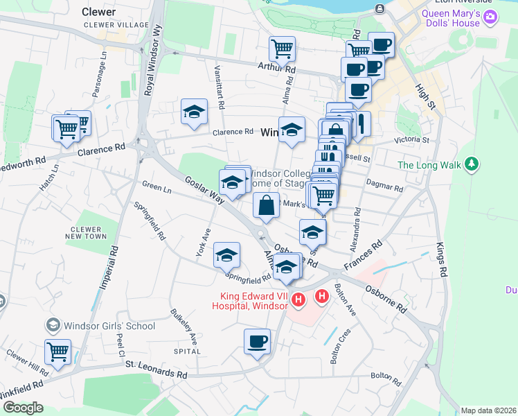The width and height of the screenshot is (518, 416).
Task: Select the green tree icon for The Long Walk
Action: (x=472, y=164)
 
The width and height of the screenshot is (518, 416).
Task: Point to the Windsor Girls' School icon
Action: (x=53, y=325)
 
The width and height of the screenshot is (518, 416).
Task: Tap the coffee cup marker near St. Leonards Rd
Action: (x=257, y=342)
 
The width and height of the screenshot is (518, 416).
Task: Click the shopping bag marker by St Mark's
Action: (x=267, y=205)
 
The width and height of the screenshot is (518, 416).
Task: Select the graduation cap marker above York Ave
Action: (x=226, y=255)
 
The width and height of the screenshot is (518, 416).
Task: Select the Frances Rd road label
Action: (x=367, y=257)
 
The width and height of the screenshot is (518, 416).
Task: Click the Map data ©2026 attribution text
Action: (x=488, y=410)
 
